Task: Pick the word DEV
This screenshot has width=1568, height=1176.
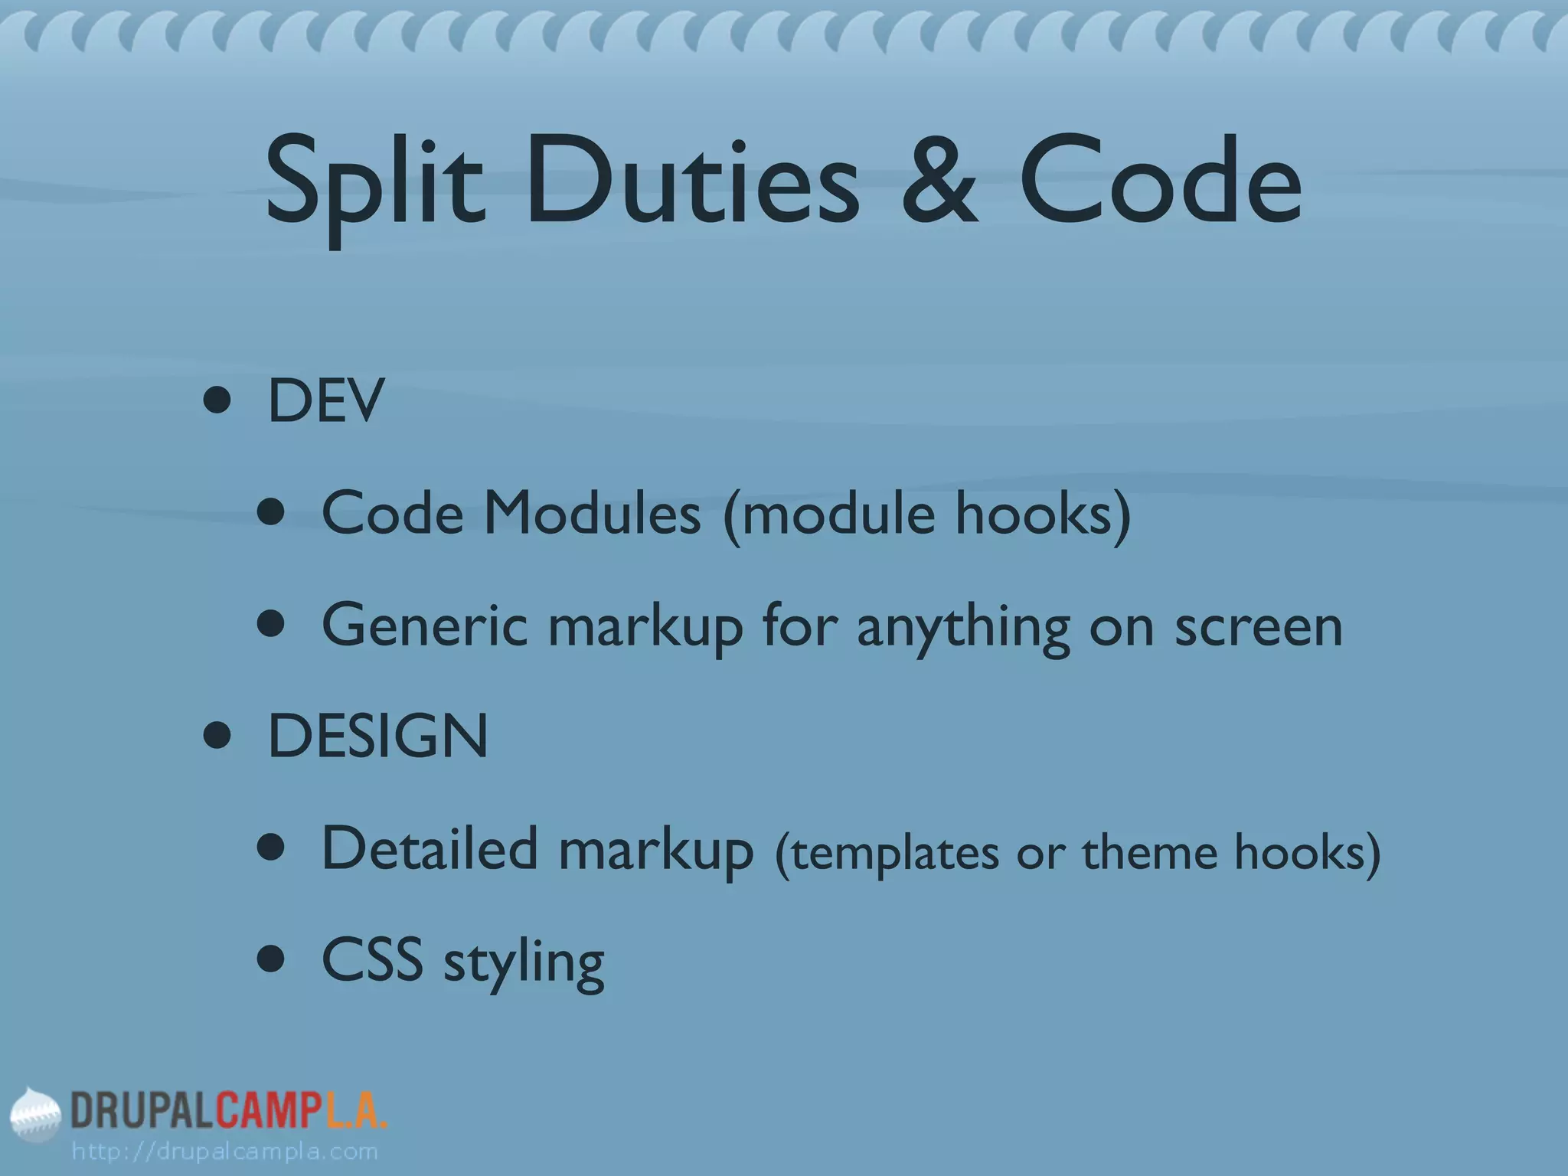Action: click(325, 401)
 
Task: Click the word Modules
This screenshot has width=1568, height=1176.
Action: click(592, 513)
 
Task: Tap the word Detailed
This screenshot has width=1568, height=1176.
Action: click(430, 849)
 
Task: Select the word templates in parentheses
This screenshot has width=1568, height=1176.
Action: click(894, 853)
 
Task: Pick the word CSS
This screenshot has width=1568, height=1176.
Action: click(372, 960)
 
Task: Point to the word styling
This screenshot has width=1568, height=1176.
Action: click(524, 964)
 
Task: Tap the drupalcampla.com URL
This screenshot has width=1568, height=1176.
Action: click(224, 1151)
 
